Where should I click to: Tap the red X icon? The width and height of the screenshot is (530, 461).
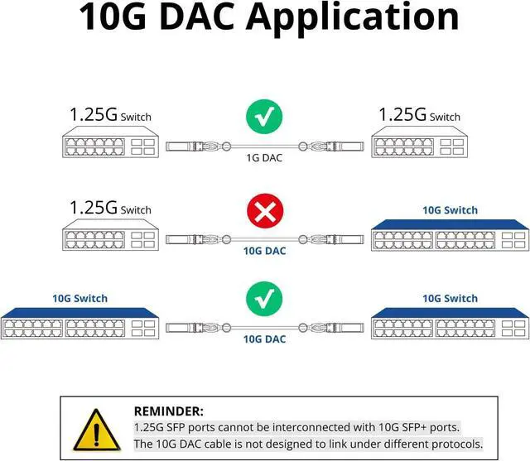point(264,214)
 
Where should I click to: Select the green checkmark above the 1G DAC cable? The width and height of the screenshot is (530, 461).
point(264,118)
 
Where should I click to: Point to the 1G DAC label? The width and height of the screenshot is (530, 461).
point(264,157)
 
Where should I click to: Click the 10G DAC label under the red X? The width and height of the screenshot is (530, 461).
point(264,250)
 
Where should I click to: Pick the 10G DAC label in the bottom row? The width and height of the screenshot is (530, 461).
point(264,339)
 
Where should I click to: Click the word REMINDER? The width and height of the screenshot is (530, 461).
point(168,411)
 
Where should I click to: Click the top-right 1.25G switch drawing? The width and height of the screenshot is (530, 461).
point(417,145)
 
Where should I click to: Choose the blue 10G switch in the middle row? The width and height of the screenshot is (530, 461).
point(449,236)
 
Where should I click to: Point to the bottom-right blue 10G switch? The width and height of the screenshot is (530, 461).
point(449,324)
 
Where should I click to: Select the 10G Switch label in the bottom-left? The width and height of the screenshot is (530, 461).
point(79,298)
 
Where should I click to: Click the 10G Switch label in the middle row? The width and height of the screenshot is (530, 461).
point(450,210)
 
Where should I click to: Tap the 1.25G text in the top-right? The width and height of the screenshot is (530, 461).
point(402,115)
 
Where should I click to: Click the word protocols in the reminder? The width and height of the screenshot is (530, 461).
point(454,444)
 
